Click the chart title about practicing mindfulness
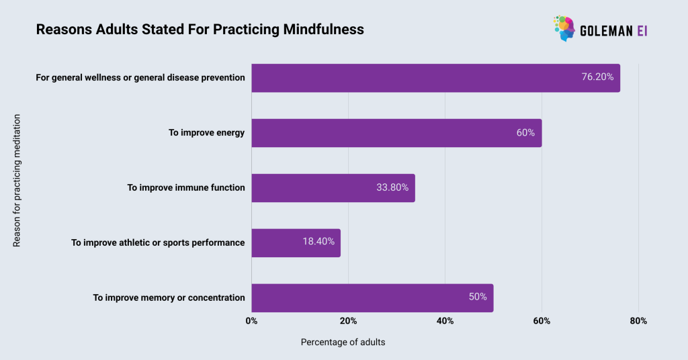[200, 30]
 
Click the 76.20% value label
[597, 77]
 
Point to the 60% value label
[525, 133]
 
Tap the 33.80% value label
[392, 188]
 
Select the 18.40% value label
[318, 242]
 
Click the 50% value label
[478, 298]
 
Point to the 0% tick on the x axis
[252, 321]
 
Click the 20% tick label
[348, 321]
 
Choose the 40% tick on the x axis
[445, 321]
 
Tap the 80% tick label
[638, 321]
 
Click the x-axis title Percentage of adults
[343, 343]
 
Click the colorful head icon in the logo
[565, 28]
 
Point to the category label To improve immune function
[186, 188]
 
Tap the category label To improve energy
[207, 133]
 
